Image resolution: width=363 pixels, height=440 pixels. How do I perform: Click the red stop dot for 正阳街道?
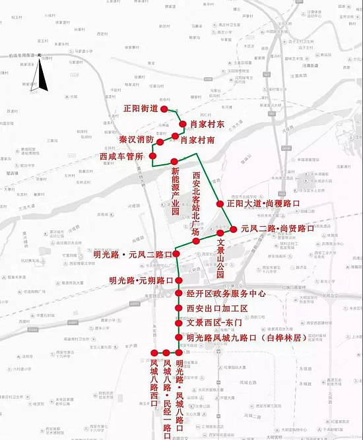(164, 108)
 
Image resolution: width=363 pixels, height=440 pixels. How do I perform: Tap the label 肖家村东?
(203, 123)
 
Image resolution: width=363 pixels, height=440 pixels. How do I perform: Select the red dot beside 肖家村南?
(176, 136)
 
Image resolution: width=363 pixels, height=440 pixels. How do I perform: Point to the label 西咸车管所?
(121, 156)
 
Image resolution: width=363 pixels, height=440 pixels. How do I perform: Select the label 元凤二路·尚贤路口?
(277, 229)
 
